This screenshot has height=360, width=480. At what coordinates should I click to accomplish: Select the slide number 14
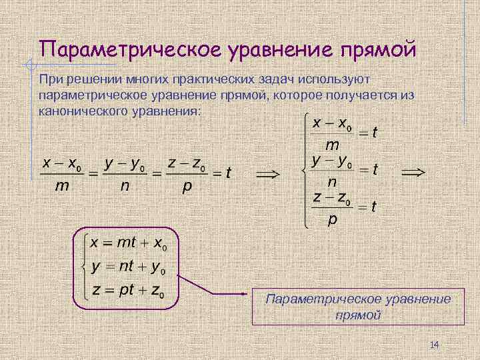click(435, 344)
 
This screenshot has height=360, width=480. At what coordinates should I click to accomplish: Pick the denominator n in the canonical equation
click(125, 187)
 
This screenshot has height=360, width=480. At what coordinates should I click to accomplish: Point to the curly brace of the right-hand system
click(305, 171)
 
